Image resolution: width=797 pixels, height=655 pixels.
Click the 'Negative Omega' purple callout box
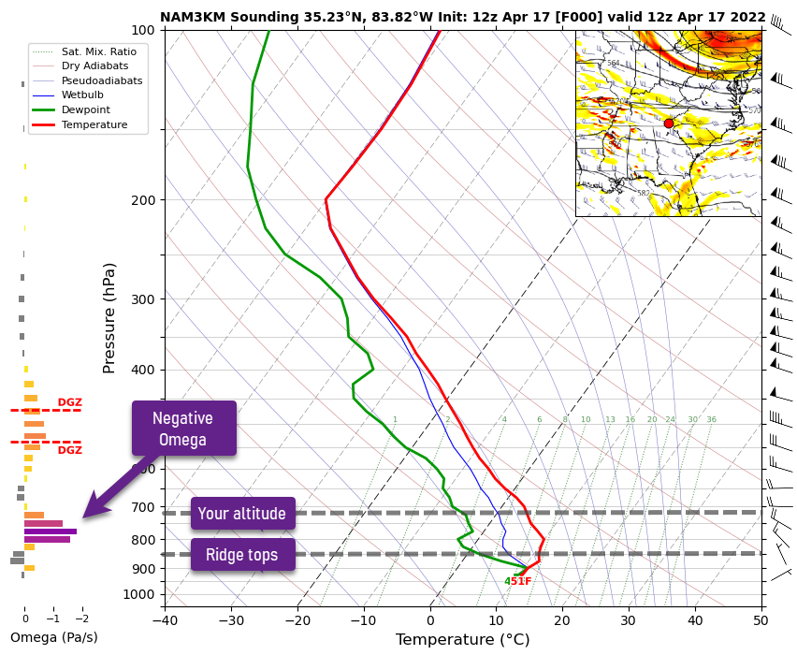pos(183,429)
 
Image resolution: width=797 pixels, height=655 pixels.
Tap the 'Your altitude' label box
pos(242,514)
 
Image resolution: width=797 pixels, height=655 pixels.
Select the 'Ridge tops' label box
pos(242,555)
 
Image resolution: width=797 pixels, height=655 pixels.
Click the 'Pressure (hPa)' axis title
pos(109,317)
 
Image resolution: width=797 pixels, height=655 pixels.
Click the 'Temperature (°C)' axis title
pos(462,640)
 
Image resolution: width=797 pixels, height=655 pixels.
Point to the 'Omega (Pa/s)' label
pos(53,638)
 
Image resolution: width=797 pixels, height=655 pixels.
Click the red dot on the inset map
pos(668,124)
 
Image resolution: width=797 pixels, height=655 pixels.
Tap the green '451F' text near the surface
pos(517,581)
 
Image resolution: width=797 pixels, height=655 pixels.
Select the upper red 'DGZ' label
pos(69,403)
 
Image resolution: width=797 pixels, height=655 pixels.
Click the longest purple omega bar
pos(51,531)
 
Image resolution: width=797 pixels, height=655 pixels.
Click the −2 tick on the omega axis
pos(81,619)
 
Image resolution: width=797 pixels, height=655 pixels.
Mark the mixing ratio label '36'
pos(711,420)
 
